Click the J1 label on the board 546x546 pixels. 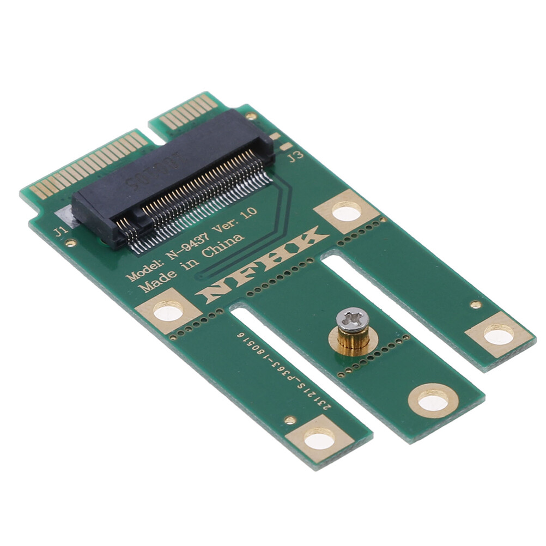tap(60, 232)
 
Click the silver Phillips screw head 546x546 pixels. tap(352, 320)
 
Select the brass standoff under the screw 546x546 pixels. tap(353, 341)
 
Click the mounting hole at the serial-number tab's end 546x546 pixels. tap(319, 438)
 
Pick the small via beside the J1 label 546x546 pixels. tap(70, 243)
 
